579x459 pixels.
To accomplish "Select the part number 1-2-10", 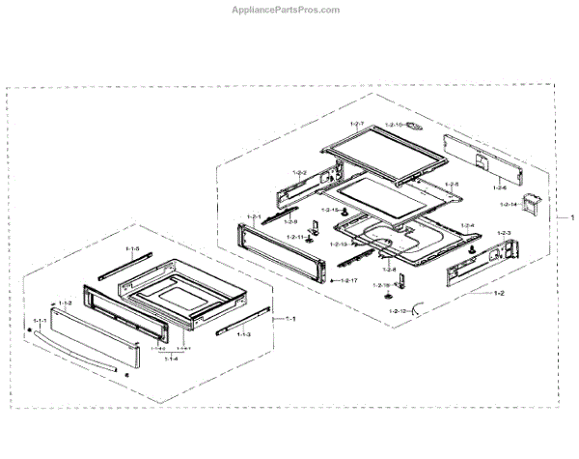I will pyautogui.click(x=393, y=126).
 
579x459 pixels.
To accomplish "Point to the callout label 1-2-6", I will pyautogui.click(x=498, y=189).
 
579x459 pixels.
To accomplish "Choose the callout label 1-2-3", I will pyautogui.click(x=503, y=234).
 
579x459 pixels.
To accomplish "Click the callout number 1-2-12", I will pyautogui.click(x=398, y=311).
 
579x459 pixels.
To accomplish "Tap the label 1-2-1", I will pyautogui.click(x=255, y=215).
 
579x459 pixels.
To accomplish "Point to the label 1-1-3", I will pyautogui.click(x=243, y=334).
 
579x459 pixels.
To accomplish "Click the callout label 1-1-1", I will pyautogui.click(x=40, y=319).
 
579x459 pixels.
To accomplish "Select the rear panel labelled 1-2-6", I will pyautogui.click(x=482, y=158).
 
